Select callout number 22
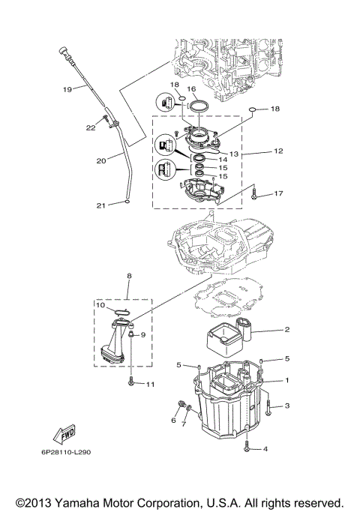click(x=90, y=127)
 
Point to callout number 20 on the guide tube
click(x=100, y=159)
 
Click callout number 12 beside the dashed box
click(x=278, y=151)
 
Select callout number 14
click(x=222, y=160)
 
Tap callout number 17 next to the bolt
click(x=279, y=194)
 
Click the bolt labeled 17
click(x=255, y=194)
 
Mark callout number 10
click(x=100, y=305)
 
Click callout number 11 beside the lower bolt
click(x=149, y=385)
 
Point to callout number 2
click(x=286, y=329)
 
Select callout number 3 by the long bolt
click(x=286, y=406)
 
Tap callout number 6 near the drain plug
click(x=172, y=421)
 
